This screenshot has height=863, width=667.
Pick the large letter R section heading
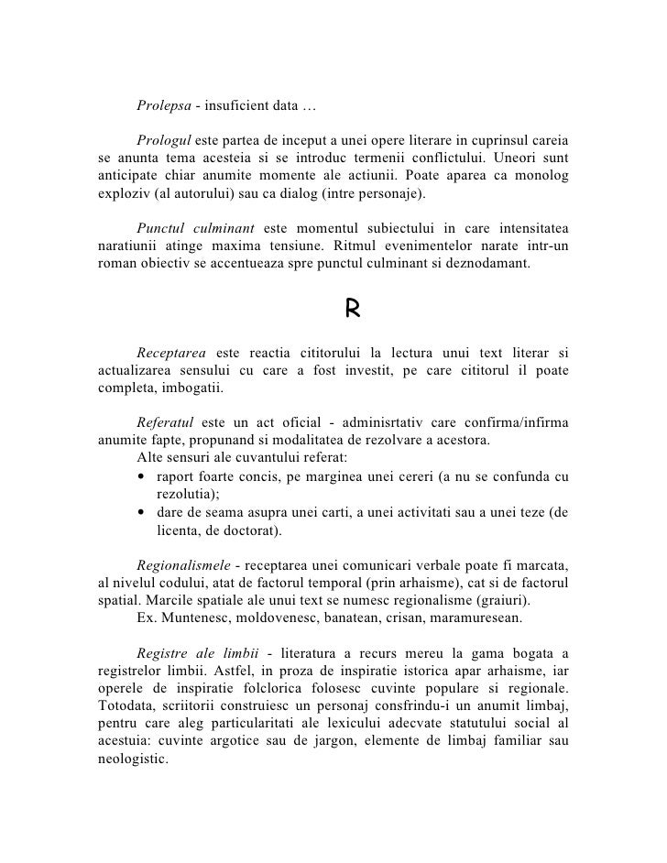point(352,311)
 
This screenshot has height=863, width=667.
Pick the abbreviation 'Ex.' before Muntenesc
point(146,617)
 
